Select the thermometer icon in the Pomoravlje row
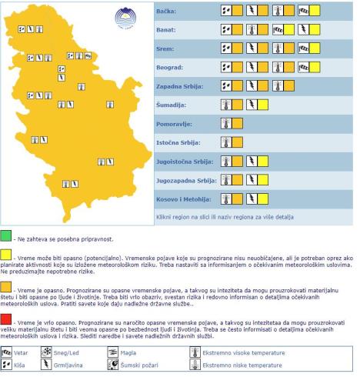[226, 122]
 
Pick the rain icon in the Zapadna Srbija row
[226, 85]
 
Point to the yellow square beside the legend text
[7, 255]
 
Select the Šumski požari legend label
[137, 365]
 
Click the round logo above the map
[122, 16]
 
